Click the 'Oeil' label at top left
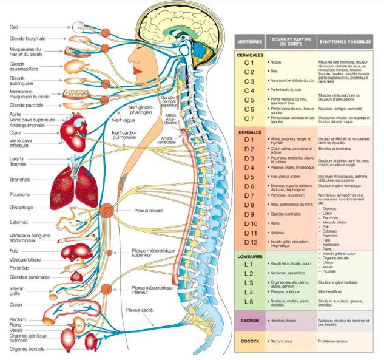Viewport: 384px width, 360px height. coord(14,27)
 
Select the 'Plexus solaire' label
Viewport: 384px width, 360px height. coord(149,211)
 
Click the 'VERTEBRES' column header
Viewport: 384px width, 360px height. coord(249,43)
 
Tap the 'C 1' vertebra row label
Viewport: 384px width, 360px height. coord(249,63)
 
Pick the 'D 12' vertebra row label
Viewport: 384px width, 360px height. coord(249,242)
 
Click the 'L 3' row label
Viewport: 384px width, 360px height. coord(249,283)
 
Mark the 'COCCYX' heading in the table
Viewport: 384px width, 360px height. coord(249,341)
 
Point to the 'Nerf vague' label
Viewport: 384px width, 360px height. coord(123,120)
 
